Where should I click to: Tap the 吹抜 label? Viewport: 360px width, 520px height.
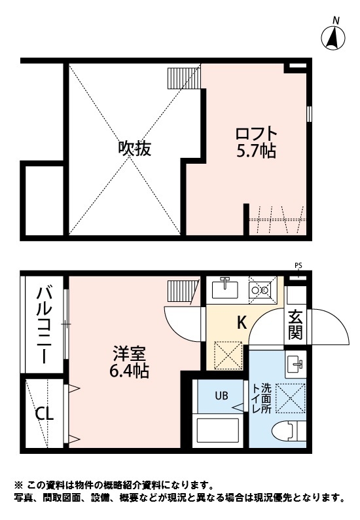[134, 148]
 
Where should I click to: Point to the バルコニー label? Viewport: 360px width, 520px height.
[44, 325]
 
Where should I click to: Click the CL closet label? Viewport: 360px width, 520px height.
[45, 414]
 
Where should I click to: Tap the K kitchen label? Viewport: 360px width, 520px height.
[241, 322]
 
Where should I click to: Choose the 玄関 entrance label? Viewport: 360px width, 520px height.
[295, 324]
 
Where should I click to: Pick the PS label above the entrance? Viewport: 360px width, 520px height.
[298, 265]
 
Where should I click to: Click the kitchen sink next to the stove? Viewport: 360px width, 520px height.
[228, 287]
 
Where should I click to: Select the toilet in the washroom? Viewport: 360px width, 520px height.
[287, 431]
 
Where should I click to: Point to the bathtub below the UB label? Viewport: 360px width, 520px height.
[220, 430]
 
